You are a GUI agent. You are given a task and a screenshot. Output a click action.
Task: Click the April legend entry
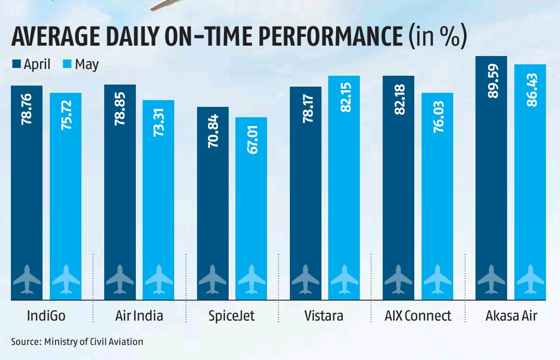pos(31,65)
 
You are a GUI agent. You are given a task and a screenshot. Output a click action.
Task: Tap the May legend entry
pos(81,65)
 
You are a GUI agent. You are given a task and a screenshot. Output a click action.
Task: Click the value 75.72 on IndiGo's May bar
pos(65,117)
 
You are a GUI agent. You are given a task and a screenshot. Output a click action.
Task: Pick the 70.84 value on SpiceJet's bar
pos(213,131)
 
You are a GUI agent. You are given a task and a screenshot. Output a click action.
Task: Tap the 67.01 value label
pos(251,141)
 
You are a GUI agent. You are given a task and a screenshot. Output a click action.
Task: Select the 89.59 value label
pos(492,79)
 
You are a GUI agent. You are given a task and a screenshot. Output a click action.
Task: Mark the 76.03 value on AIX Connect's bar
pos(437,116)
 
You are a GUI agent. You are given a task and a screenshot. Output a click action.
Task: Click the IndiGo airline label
pos(46,316)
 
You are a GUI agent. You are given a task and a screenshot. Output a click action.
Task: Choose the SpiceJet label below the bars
pos(232,316)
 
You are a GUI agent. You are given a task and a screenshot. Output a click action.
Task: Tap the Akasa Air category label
pos(511,316)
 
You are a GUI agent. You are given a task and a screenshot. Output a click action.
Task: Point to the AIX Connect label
pos(418,316)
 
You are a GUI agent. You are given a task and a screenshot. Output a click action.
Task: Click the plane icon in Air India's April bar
pos(120,279)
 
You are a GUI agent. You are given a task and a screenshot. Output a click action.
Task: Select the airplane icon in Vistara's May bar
pos(344,279)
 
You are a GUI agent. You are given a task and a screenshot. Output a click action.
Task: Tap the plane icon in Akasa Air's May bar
pos(530,279)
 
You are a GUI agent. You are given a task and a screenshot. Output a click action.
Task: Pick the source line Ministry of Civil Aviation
pos(77,342)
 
